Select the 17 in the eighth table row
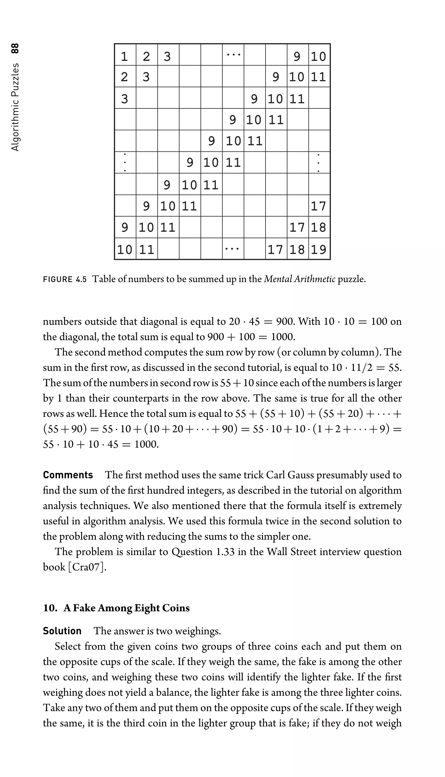point(319,206)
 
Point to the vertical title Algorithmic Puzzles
point(15,107)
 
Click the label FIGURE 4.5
point(65,279)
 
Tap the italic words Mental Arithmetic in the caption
point(299,279)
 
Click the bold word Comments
point(68,475)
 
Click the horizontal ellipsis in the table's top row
point(233,55)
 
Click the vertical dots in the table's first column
point(125,162)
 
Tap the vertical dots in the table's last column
point(319,162)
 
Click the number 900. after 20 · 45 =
point(286,321)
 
